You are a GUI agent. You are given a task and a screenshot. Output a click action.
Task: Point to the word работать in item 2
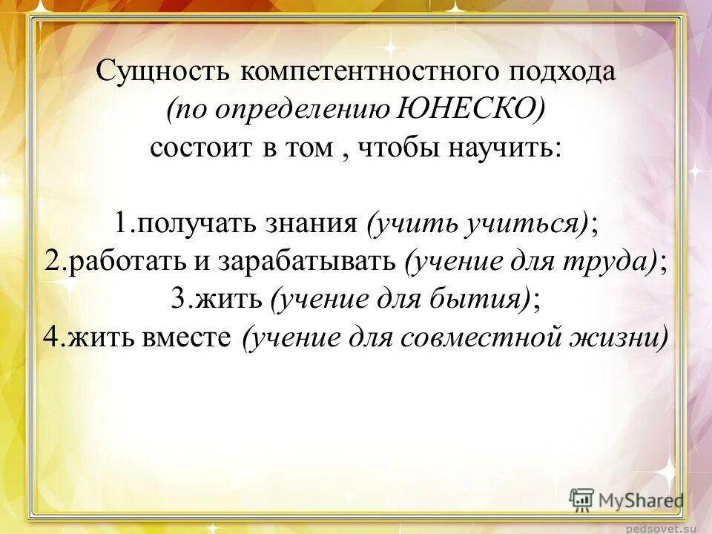click(122, 261)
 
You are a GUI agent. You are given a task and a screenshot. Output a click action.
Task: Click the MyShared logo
click(627, 501)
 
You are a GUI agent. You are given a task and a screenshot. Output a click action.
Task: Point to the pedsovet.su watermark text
click(665, 527)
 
